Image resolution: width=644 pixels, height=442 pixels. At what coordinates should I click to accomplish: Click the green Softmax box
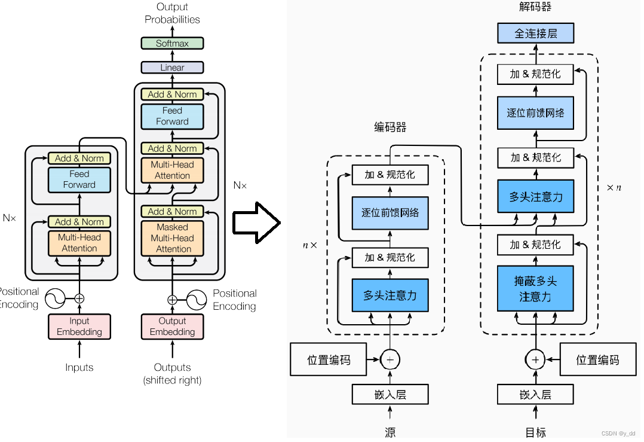tap(172, 43)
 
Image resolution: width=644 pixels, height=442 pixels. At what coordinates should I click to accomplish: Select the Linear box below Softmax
tap(172, 68)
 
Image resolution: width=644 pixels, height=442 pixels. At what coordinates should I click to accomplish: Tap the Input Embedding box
tap(79, 327)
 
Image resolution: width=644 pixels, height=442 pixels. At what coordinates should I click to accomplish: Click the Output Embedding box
tap(172, 327)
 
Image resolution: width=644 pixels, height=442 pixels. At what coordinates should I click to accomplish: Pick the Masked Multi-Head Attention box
tap(172, 238)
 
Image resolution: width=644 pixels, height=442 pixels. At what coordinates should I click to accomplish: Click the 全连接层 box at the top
tap(535, 33)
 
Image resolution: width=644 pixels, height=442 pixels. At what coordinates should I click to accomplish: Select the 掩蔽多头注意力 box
tap(535, 288)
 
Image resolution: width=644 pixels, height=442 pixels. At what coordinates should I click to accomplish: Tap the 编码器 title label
tap(390, 127)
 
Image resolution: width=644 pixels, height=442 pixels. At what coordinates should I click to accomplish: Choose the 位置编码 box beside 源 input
tap(329, 359)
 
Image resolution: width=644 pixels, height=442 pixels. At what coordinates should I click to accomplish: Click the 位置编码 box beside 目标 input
tap(597, 359)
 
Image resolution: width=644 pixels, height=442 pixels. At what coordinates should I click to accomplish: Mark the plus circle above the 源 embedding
tap(390, 359)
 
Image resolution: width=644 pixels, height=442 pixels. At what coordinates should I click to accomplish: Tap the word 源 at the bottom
tap(390, 432)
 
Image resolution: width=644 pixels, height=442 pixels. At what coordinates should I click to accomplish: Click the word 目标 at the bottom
tap(535, 432)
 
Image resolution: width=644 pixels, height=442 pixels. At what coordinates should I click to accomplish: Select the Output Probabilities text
tap(172, 13)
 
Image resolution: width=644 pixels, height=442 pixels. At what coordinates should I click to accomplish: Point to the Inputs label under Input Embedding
tap(79, 367)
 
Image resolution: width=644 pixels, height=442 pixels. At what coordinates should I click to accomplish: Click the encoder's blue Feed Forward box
tap(79, 179)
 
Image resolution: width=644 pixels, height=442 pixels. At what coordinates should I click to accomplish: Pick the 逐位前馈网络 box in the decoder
tap(535, 112)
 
